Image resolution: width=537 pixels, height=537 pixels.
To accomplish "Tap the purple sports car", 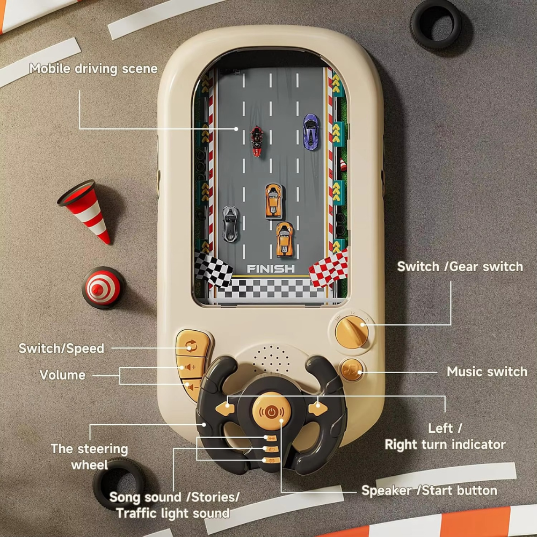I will coord(310,130).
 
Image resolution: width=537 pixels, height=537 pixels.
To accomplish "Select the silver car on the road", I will coord(231,223).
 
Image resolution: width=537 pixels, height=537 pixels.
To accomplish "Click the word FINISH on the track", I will coord(271,268).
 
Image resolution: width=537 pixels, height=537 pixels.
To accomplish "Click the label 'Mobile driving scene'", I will coord(93,69).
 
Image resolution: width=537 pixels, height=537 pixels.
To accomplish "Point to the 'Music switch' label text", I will coord(487,372).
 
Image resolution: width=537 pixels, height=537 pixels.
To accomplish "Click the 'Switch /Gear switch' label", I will coord(460,266).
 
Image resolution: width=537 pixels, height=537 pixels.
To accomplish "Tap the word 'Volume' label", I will coord(63,375).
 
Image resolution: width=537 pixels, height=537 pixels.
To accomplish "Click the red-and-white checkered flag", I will coord(329,268).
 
